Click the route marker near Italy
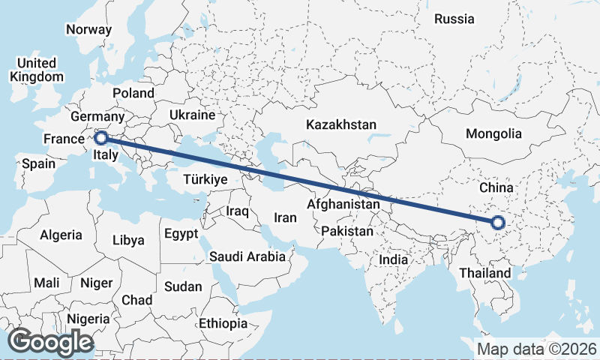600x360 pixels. (100, 137)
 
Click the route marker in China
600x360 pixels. (497, 222)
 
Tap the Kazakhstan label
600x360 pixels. (340, 124)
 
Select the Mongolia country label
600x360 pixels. (493, 134)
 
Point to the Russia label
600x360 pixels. (454, 19)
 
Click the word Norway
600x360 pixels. (88, 30)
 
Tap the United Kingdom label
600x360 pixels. (37, 70)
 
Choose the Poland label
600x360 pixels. (133, 93)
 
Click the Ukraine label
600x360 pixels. (192, 115)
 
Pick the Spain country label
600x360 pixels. (37, 163)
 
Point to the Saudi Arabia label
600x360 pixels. (247, 256)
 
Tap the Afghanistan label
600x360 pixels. (343, 204)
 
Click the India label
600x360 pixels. (393, 259)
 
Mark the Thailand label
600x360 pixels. (485, 273)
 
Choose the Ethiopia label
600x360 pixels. (223, 323)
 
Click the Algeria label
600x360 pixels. (61, 235)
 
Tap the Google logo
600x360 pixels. (50, 341)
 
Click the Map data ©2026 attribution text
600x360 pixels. (536, 349)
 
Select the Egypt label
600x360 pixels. (181, 232)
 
